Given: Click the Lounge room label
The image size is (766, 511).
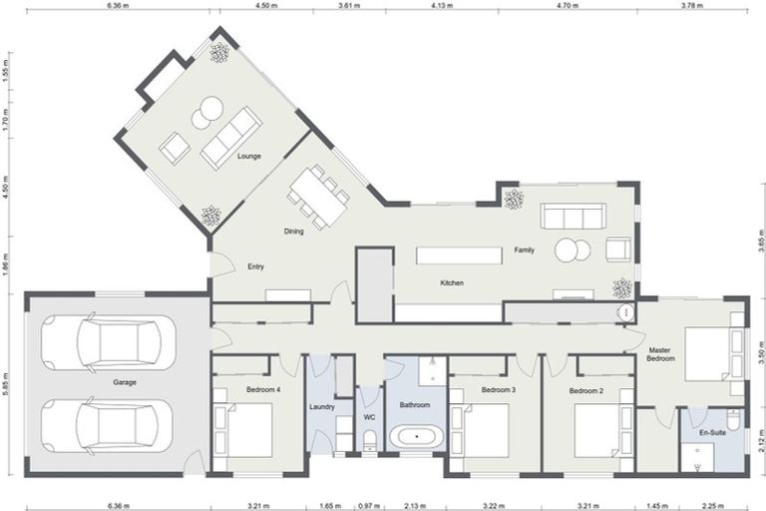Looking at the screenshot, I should pyautogui.click(x=249, y=157).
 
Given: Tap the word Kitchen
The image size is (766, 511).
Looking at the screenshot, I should pyautogui.click(x=452, y=283).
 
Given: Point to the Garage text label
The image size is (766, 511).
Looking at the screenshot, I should pyautogui.click(x=125, y=382).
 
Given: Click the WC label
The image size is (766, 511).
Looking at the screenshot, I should pyautogui.click(x=369, y=416).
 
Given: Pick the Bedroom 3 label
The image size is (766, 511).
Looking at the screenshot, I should pyautogui.click(x=498, y=389).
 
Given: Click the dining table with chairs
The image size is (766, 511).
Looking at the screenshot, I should pyautogui.click(x=320, y=196).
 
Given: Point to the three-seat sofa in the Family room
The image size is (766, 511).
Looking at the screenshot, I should pyautogui.click(x=573, y=216).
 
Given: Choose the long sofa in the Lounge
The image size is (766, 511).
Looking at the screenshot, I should pyautogui.click(x=230, y=138).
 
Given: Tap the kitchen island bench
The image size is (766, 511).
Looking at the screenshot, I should pyautogui.click(x=459, y=255).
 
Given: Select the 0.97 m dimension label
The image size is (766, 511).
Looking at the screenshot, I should pyautogui.click(x=368, y=504).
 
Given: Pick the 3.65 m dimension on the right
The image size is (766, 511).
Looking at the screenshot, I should pyautogui.click(x=760, y=243).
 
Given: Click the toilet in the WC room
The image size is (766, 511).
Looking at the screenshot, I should pyautogui.click(x=369, y=440).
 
